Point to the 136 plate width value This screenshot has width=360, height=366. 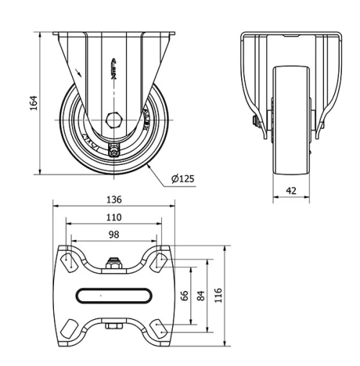[114, 200]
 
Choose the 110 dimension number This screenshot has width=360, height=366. [114, 217]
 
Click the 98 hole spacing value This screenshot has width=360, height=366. [114, 235]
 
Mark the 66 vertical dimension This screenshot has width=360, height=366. [184, 296]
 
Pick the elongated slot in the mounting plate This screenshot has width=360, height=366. [114, 295]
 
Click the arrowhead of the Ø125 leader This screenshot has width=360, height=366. [148, 164]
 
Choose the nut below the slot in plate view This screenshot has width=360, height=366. [113, 327]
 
